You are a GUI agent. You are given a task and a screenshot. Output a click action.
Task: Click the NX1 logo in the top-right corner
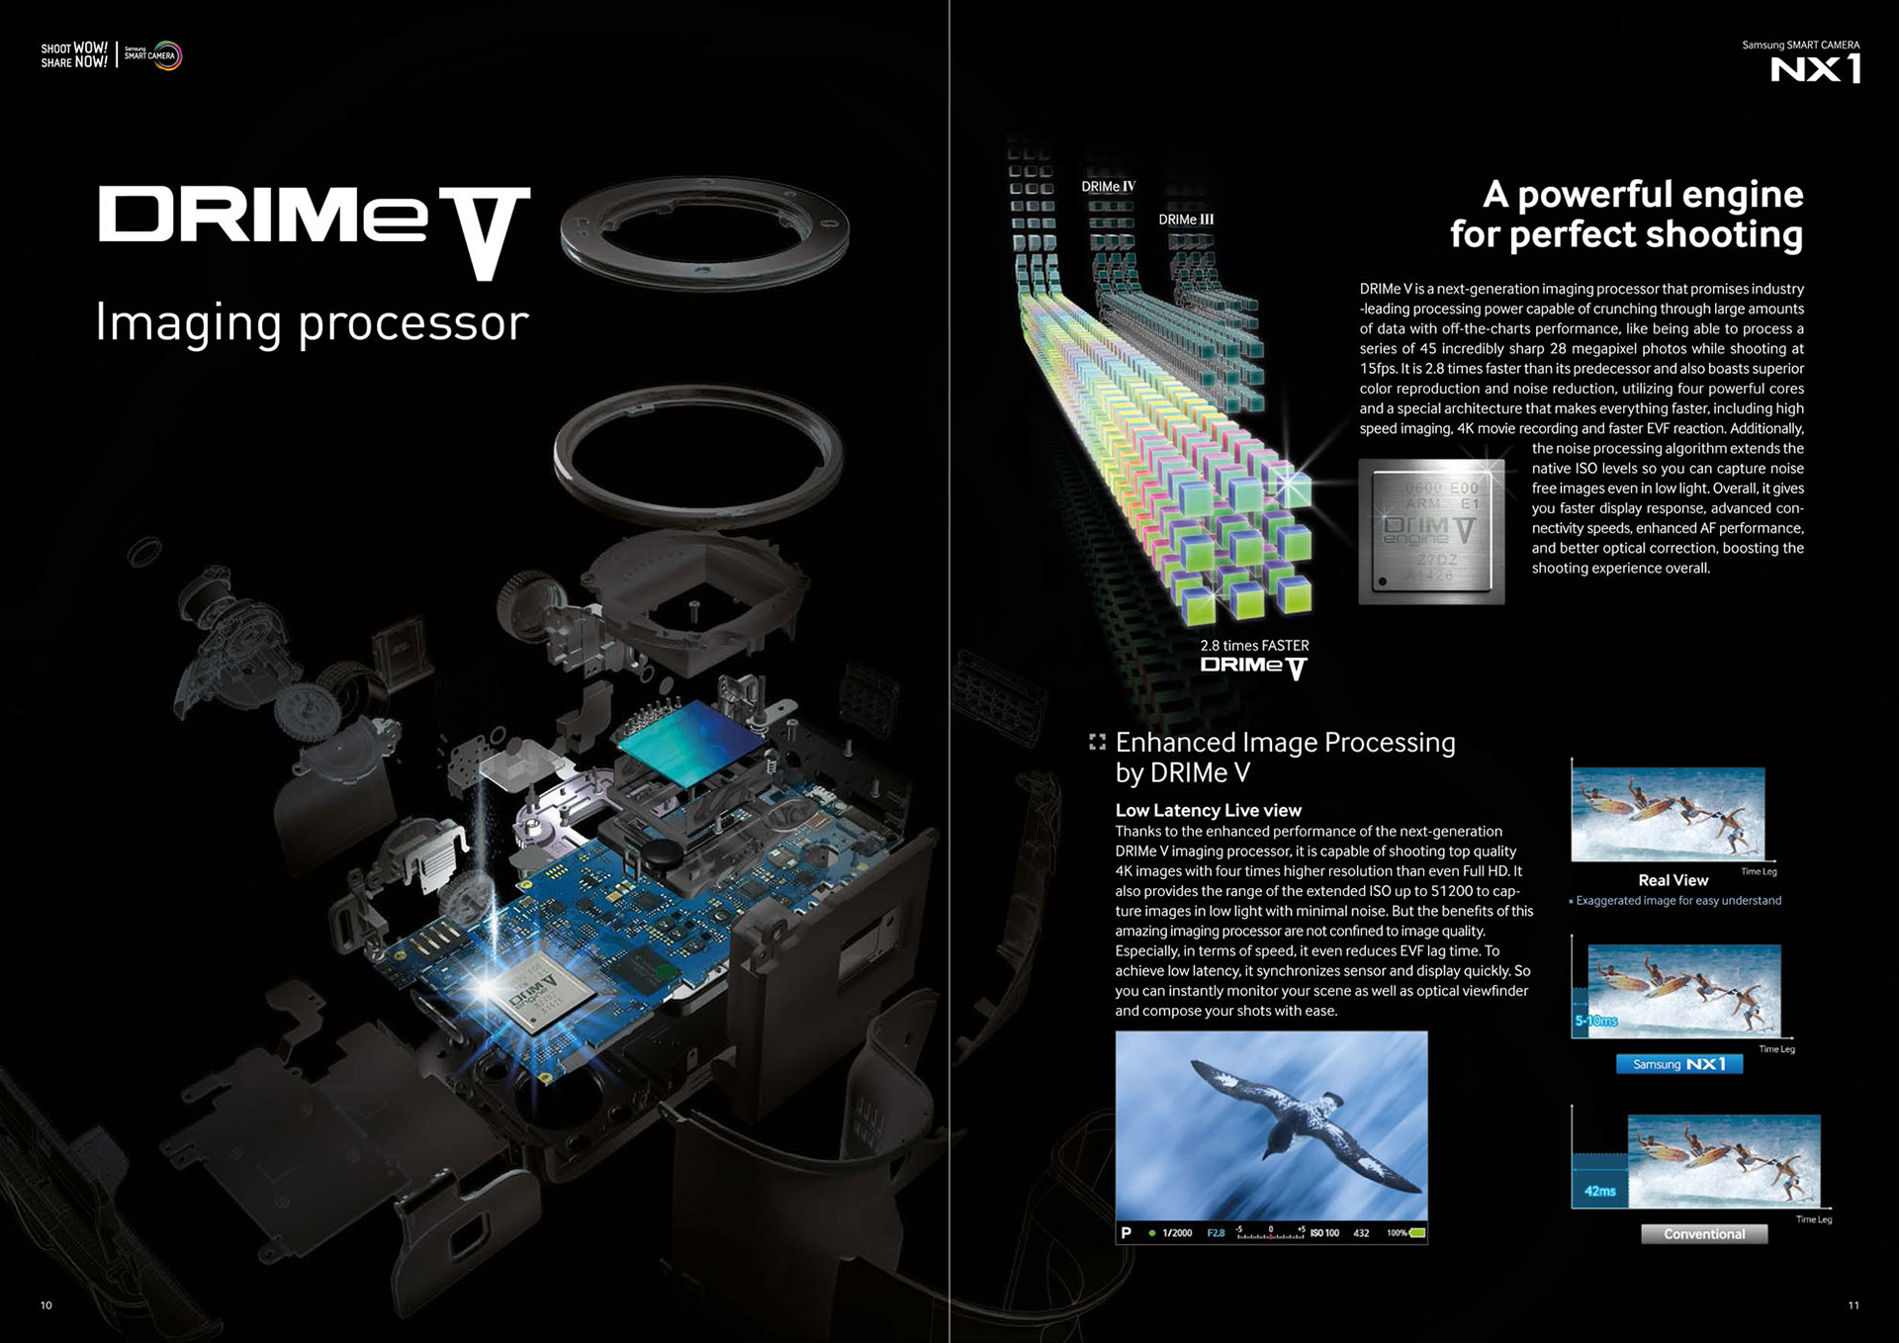coord(1815,68)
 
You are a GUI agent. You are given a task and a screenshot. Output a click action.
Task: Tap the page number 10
coord(46,1305)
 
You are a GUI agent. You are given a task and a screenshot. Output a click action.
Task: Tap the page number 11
coord(1854,1305)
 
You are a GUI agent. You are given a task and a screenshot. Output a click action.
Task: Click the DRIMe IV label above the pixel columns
coord(1108,186)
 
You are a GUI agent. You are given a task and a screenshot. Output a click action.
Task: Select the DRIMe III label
coord(1185,220)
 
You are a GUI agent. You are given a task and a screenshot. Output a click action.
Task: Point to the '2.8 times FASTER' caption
coord(1254,645)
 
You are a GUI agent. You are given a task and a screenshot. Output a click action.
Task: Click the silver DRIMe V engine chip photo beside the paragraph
coord(1431,531)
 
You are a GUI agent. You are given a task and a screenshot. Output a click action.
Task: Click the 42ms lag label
coord(1599,1191)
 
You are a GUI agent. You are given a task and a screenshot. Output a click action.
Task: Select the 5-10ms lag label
coord(1595,1021)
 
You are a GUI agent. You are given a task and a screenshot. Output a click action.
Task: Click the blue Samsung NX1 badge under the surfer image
coord(1678,1064)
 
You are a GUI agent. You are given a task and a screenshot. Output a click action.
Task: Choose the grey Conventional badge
coord(1703,1234)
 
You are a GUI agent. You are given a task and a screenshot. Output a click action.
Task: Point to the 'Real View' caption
coord(1673,880)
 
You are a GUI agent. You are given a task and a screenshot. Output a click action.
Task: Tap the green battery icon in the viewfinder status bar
coord(1416,1233)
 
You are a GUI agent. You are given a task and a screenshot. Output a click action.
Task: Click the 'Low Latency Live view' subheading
coord(1208,810)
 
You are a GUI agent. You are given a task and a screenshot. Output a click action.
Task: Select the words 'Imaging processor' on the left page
coord(312,322)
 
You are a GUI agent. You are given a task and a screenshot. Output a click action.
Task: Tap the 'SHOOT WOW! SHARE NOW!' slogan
coord(74,55)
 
